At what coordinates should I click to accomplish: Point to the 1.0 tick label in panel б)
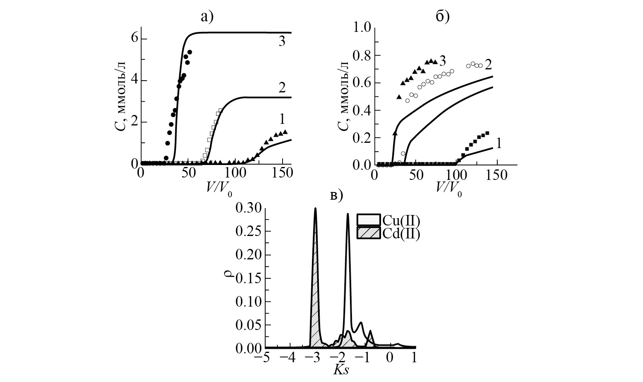(362, 28)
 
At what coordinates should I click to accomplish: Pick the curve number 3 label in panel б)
(442, 61)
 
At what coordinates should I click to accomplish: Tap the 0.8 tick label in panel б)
(362, 55)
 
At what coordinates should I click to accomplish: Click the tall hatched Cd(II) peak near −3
(315, 282)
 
